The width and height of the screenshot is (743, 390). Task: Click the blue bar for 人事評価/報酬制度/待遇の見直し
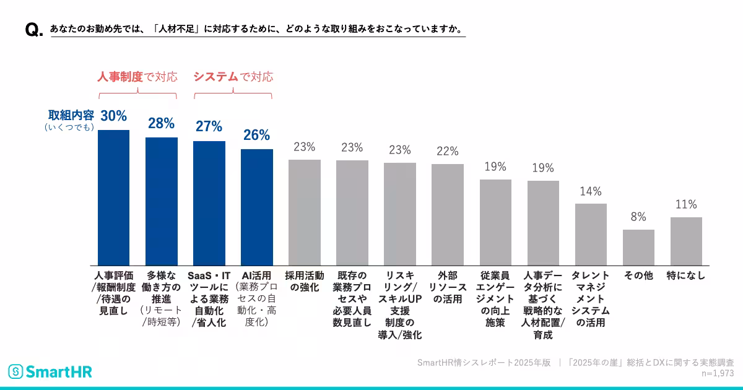click(x=114, y=197)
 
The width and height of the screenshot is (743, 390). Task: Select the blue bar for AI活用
click(x=257, y=207)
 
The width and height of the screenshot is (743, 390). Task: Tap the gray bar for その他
click(x=638, y=248)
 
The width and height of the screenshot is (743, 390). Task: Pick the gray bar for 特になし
click(x=686, y=241)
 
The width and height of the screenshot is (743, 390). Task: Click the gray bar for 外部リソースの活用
click(x=448, y=215)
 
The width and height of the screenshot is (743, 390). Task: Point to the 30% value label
click(x=114, y=116)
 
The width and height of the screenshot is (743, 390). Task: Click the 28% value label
click(x=161, y=123)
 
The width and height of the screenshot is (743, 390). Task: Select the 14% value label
click(x=591, y=191)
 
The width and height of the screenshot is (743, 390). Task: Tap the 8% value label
click(x=638, y=217)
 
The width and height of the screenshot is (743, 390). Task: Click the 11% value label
click(x=686, y=205)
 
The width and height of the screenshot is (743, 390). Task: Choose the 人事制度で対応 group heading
click(x=137, y=77)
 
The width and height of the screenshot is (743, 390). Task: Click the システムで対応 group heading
click(x=233, y=77)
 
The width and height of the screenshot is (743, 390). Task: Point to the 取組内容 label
click(x=71, y=115)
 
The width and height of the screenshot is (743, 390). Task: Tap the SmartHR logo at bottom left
click(x=50, y=371)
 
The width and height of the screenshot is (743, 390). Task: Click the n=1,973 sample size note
click(x=717, y=373)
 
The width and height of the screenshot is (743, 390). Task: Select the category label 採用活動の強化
click(x=304, y=282)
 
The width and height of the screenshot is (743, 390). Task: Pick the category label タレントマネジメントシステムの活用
click(x=591, y=299)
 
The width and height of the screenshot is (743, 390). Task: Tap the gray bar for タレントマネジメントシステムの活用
click(x=591, y=235)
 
